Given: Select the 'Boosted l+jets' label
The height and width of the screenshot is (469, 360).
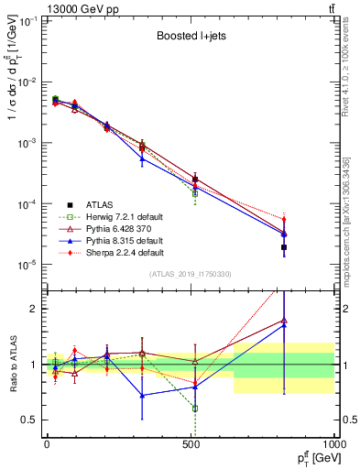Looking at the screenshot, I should pyautogui.click(x=190, y=38).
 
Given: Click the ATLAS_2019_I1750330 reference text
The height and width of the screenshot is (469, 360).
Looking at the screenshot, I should pyautogui.click(x=190, y=274).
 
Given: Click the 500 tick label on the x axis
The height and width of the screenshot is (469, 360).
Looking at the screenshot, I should pyautogui.click(x=191, y=446).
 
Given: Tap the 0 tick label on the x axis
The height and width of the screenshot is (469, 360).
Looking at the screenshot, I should pyautogui.click(x=47, y=446).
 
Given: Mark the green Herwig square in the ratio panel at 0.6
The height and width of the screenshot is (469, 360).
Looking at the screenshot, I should pyautogui.click(x=195, y=409).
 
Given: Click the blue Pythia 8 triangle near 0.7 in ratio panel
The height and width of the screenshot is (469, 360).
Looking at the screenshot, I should pyautogui.click(x=142, y=396).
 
